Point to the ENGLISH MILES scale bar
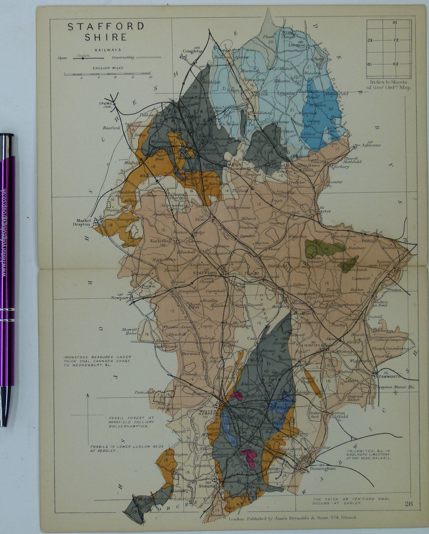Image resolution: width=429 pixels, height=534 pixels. pyautogui.click(x=107, y=73)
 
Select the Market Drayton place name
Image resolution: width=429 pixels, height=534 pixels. pyautogui.click(x=82, y=222)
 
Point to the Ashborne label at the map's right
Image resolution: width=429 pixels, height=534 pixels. pyautogui.click(x=371, y=145)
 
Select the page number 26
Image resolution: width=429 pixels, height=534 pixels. pyautogui.click(x=410, y=504)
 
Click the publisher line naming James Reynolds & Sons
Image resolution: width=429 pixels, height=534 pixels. pyautogui.click(x=291, y=518)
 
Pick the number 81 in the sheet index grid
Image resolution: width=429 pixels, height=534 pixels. pyautogui.click(x=395, y=23)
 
